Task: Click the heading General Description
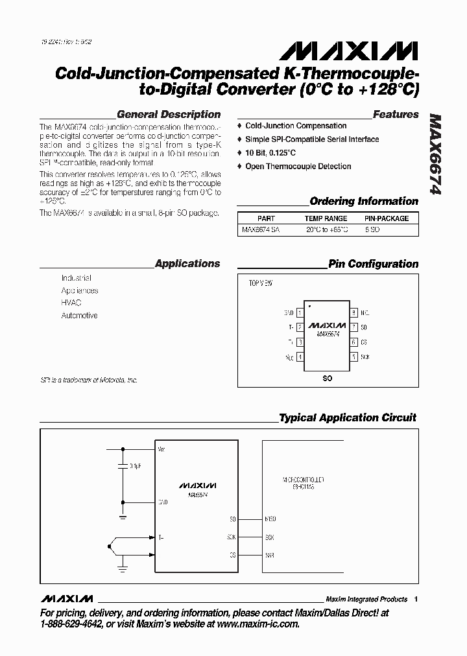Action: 168,114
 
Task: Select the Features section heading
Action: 396,114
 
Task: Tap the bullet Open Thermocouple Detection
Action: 298,167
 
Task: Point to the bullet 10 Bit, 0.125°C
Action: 270,153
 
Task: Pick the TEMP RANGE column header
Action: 326,218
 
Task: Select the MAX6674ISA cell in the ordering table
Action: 261,229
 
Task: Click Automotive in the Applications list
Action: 79,316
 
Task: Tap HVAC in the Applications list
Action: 71,303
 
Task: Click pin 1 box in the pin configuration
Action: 300,312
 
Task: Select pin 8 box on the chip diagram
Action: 353,312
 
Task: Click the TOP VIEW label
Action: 261,284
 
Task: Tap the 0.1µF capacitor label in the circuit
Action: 136,466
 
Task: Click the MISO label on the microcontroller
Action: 270,519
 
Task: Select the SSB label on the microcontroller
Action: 270,555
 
